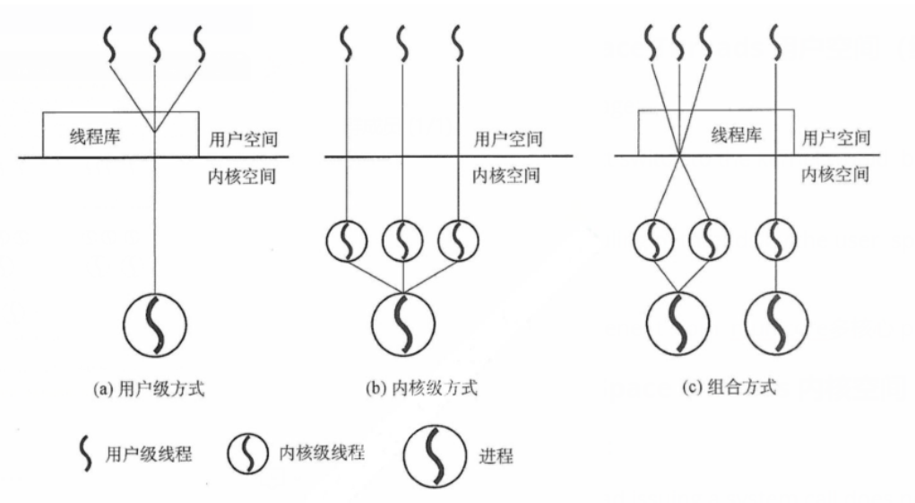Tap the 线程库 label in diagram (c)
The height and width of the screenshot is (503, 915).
738,135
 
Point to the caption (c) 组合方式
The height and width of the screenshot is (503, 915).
726,388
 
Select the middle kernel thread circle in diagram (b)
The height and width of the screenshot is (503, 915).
403,240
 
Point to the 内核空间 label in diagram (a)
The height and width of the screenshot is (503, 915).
242,176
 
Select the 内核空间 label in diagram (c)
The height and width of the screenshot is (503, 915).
834,174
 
